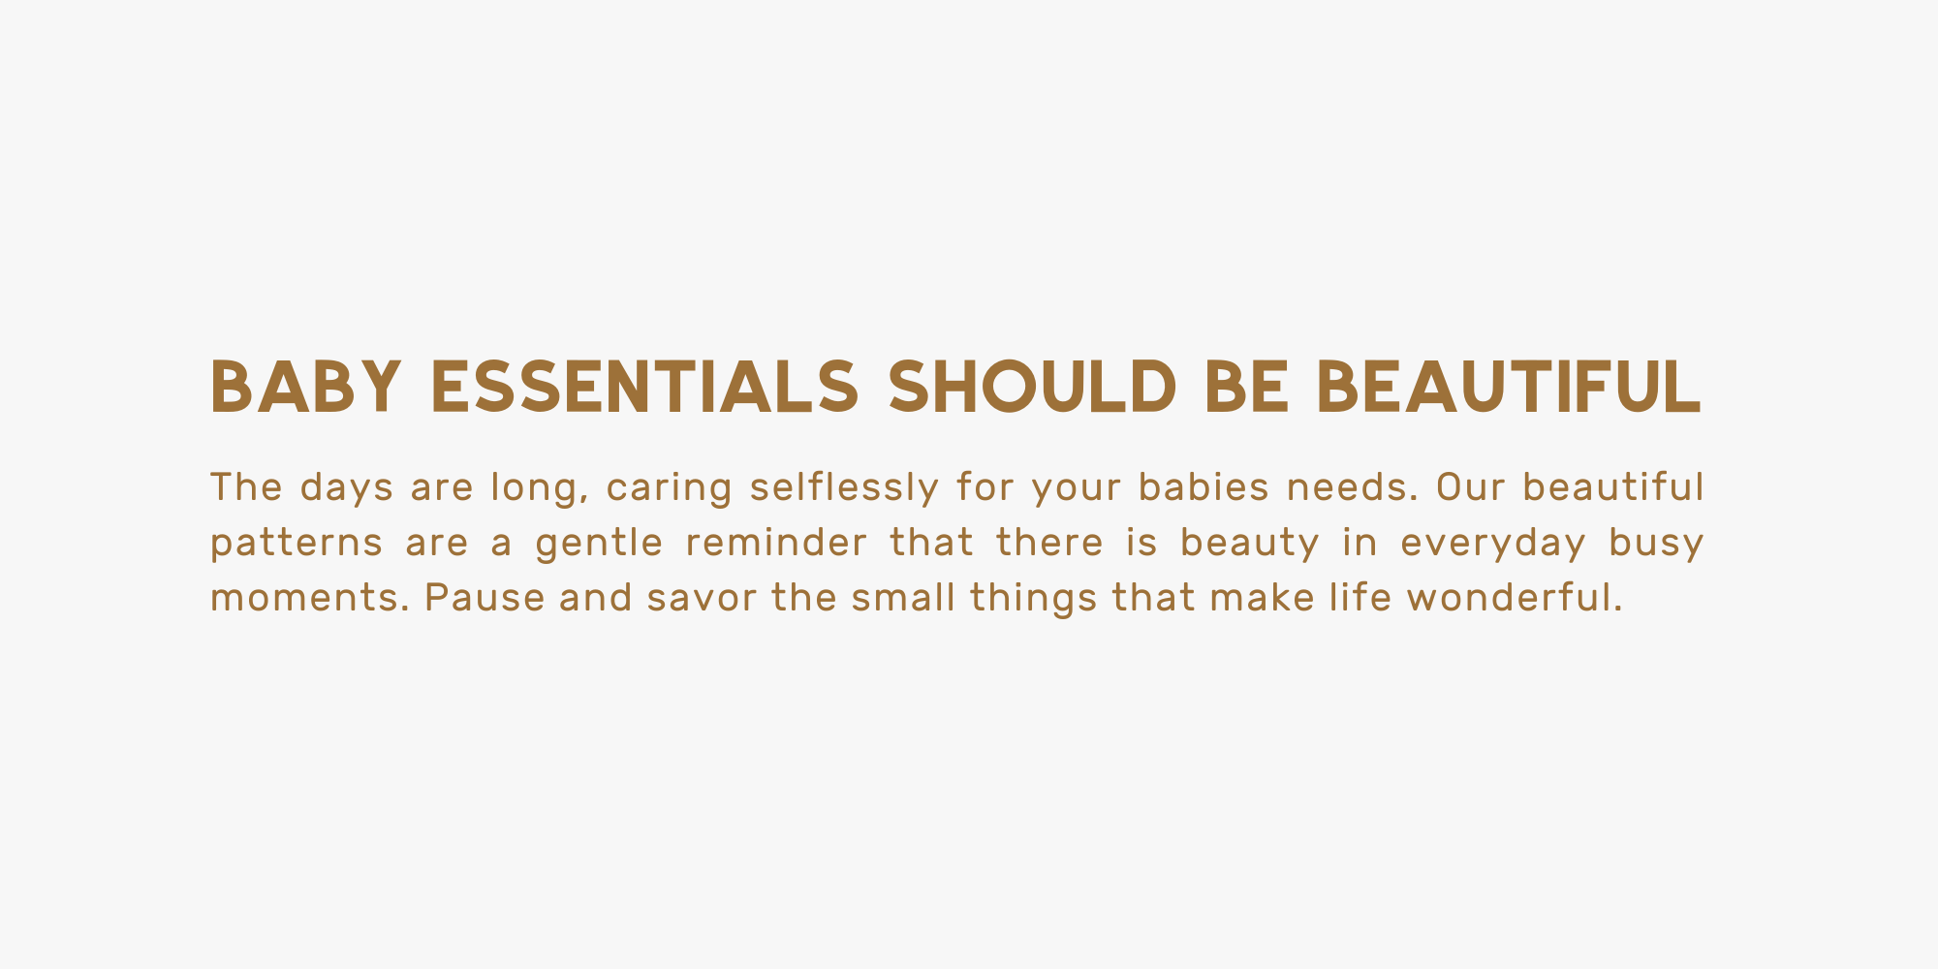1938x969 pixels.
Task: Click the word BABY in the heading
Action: [x=305, y=387]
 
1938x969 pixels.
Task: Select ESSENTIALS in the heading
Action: [x=644, y=387]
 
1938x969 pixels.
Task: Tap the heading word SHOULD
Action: [x=1033, y=387]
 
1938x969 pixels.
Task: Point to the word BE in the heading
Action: [x=1247, y=387]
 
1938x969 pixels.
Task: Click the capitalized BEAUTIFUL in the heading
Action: [x=1509, y=387]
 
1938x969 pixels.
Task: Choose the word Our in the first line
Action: [x=1470, y=487]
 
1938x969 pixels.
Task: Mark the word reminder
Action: [x=776, y=543]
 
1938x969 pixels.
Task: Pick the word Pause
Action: [x=484, y=598]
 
